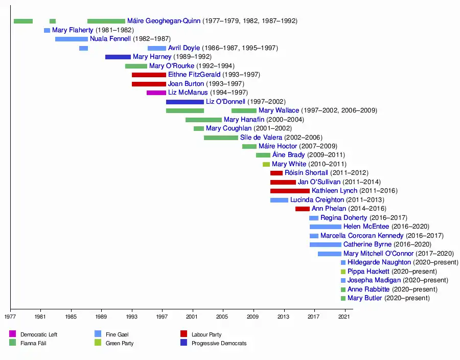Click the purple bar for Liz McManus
pyautogui.click(x=156, y=93)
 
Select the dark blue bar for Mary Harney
pyautogui.click(x=118, y=57)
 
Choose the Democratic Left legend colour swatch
pyautogui.click(x=13, y=334)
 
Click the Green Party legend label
pyautogui.click(x=120, y=343)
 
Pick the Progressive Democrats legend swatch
pyautogui.click(x=184, y=343)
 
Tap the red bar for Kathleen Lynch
pyautogui.click(x=290, y=191)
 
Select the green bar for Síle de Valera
pyautogui.click(x=221, y=138)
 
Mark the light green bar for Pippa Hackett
pyautogui.click(x=343, y=272)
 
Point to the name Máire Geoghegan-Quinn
pyautogui.click(x=164, y=21)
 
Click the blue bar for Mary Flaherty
pyautogui.click(x=47, y=30)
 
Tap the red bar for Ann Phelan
pyautogui.click(x=303, y=209)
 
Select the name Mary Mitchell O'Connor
pyautogui.click(x=379, y=254)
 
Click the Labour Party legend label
pyautogui.click(x=206, y=334)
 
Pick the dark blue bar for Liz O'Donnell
pyautogui.click(x=185, y=102)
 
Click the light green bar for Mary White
pyautogui.click(x=266, y=164)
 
